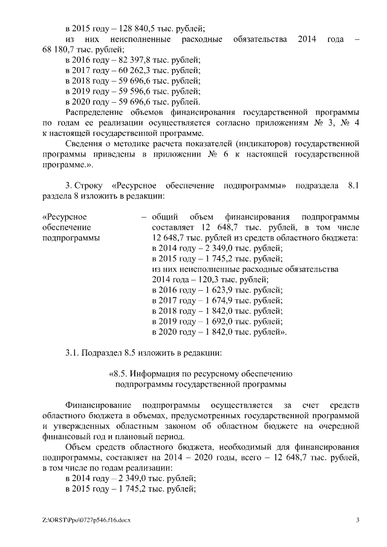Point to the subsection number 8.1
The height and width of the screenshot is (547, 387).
pos(353,186)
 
